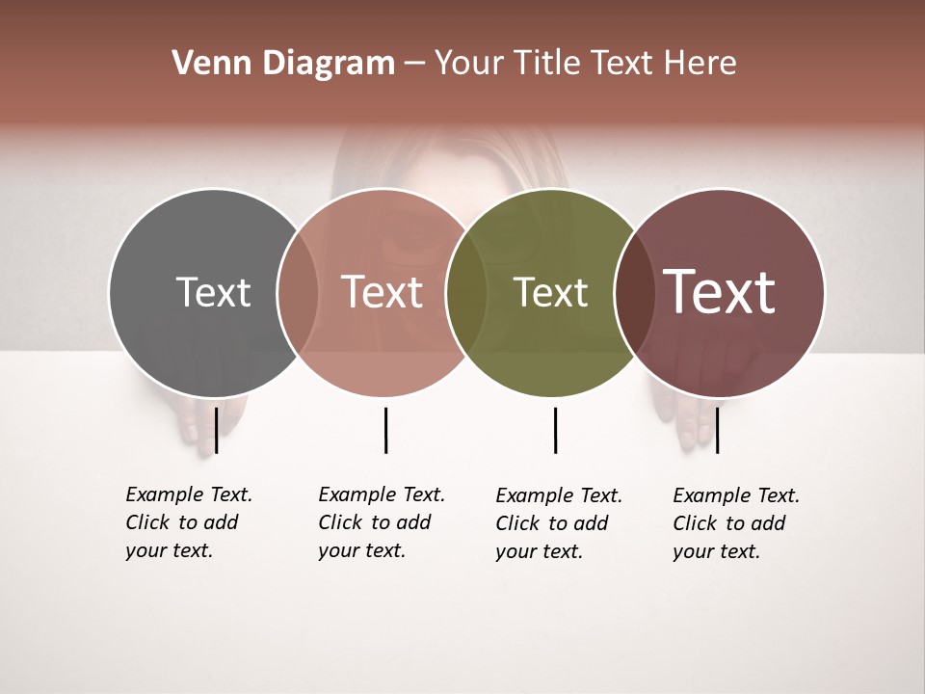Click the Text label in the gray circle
(x=213, y=292)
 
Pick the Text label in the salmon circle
(x=383, y=292)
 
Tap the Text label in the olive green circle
(x=550, y=292)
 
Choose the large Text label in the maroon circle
(x=720, y=292)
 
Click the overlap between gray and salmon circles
(x=298, y=292)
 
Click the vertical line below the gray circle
(x=217, y=430)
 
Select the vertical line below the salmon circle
(x=385, y=430)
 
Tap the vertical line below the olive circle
(x=555, y=430)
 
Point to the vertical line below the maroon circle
(x=717, y=430)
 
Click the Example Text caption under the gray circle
(x=188, y=522)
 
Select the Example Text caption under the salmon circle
(x=381, y=522)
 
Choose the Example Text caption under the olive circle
(x=558, y=523)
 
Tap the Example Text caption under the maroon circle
(x=735, y=523)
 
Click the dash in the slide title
(x=414, y=65)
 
